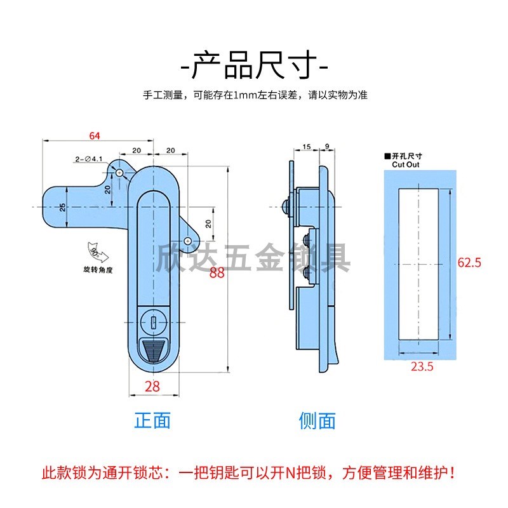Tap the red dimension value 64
tap(95, 135)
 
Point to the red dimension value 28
tap(152, 385)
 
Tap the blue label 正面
tap(152, 420)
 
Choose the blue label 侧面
tap(317, 420)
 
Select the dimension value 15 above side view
tap(306, 147)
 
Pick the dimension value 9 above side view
tap(325, 147)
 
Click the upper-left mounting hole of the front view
tap(119, 173)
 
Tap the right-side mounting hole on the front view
tap(188, 240)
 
